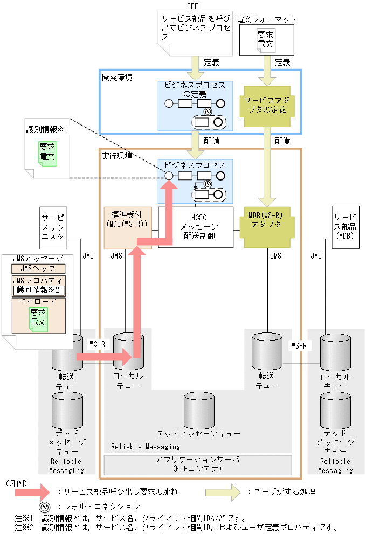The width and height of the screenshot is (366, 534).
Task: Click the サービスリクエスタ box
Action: click(x=53, y=227)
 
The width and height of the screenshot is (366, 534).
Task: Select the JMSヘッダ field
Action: click(x=38, y=268)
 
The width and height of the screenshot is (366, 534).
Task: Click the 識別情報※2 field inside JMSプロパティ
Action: click(x=38, y=290)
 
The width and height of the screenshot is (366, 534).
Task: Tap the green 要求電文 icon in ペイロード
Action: click(x=38, y=317)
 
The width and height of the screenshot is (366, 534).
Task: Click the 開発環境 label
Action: click(x=117, y=77)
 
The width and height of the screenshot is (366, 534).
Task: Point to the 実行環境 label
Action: click(x=117, y=156)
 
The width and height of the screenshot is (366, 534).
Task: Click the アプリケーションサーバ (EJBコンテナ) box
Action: click(x=197, y=464)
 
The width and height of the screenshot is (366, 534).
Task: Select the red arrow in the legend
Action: click(x=32, y=491)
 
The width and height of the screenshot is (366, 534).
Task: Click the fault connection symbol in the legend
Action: click(x=44, y=506)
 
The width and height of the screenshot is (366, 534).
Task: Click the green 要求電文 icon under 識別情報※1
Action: click(x=47, y=152)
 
